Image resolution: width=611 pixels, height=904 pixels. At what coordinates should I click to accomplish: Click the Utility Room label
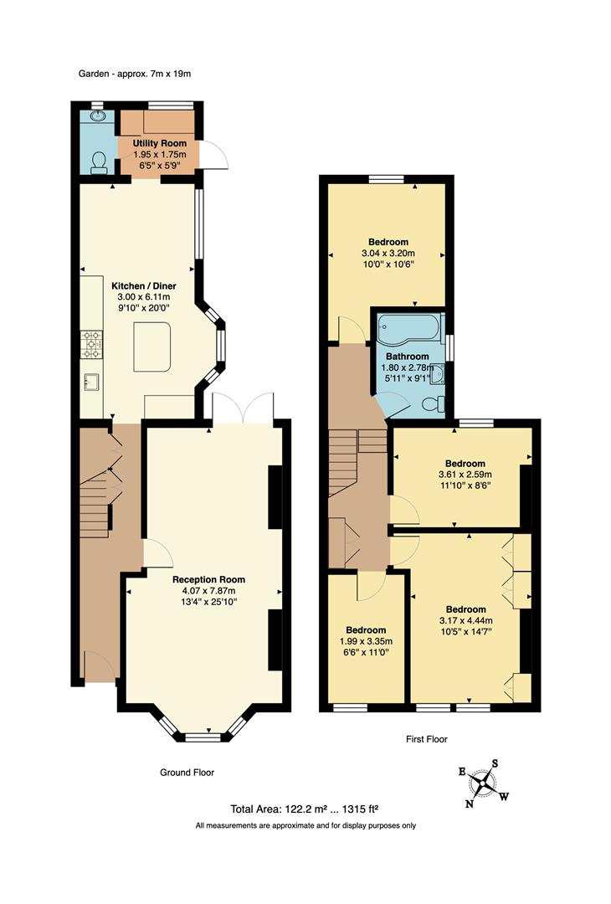click(x=159, y=143)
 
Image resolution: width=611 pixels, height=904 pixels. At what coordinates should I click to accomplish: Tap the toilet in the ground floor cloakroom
click(x=99, y=162)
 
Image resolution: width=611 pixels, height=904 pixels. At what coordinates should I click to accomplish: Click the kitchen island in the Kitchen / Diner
click(x=152, y=347)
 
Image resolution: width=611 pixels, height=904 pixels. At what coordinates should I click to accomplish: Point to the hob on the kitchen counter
click(x=91, y=345)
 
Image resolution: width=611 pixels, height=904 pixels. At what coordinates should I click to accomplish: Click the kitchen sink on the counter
click(x=91, y=383)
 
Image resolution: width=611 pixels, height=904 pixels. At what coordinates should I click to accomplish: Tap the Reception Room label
click(x=208, y=579)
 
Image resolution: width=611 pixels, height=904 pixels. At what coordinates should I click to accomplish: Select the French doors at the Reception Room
click(x=243, y=408)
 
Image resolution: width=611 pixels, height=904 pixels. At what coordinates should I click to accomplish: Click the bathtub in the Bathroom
click(x=409, y=330)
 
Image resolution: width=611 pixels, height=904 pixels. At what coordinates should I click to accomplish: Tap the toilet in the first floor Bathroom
click(x=432, y=405)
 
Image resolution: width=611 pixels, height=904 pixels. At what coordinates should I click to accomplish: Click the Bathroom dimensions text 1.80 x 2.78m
click(x=407, y=367)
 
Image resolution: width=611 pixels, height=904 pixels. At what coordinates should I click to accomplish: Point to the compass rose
click(x=483, y=783)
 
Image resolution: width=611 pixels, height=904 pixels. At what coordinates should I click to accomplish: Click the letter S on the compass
click(x=495, y=763)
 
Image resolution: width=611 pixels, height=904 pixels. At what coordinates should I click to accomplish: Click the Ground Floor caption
click(x=187, y=773)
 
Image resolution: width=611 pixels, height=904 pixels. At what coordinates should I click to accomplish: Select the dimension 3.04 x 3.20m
click(x=388, y=254)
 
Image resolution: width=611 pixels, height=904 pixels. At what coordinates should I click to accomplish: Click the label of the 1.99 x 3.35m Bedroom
click(x=366, y=630)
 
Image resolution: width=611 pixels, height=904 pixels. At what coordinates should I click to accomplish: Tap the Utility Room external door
click(x=211, y=155)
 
